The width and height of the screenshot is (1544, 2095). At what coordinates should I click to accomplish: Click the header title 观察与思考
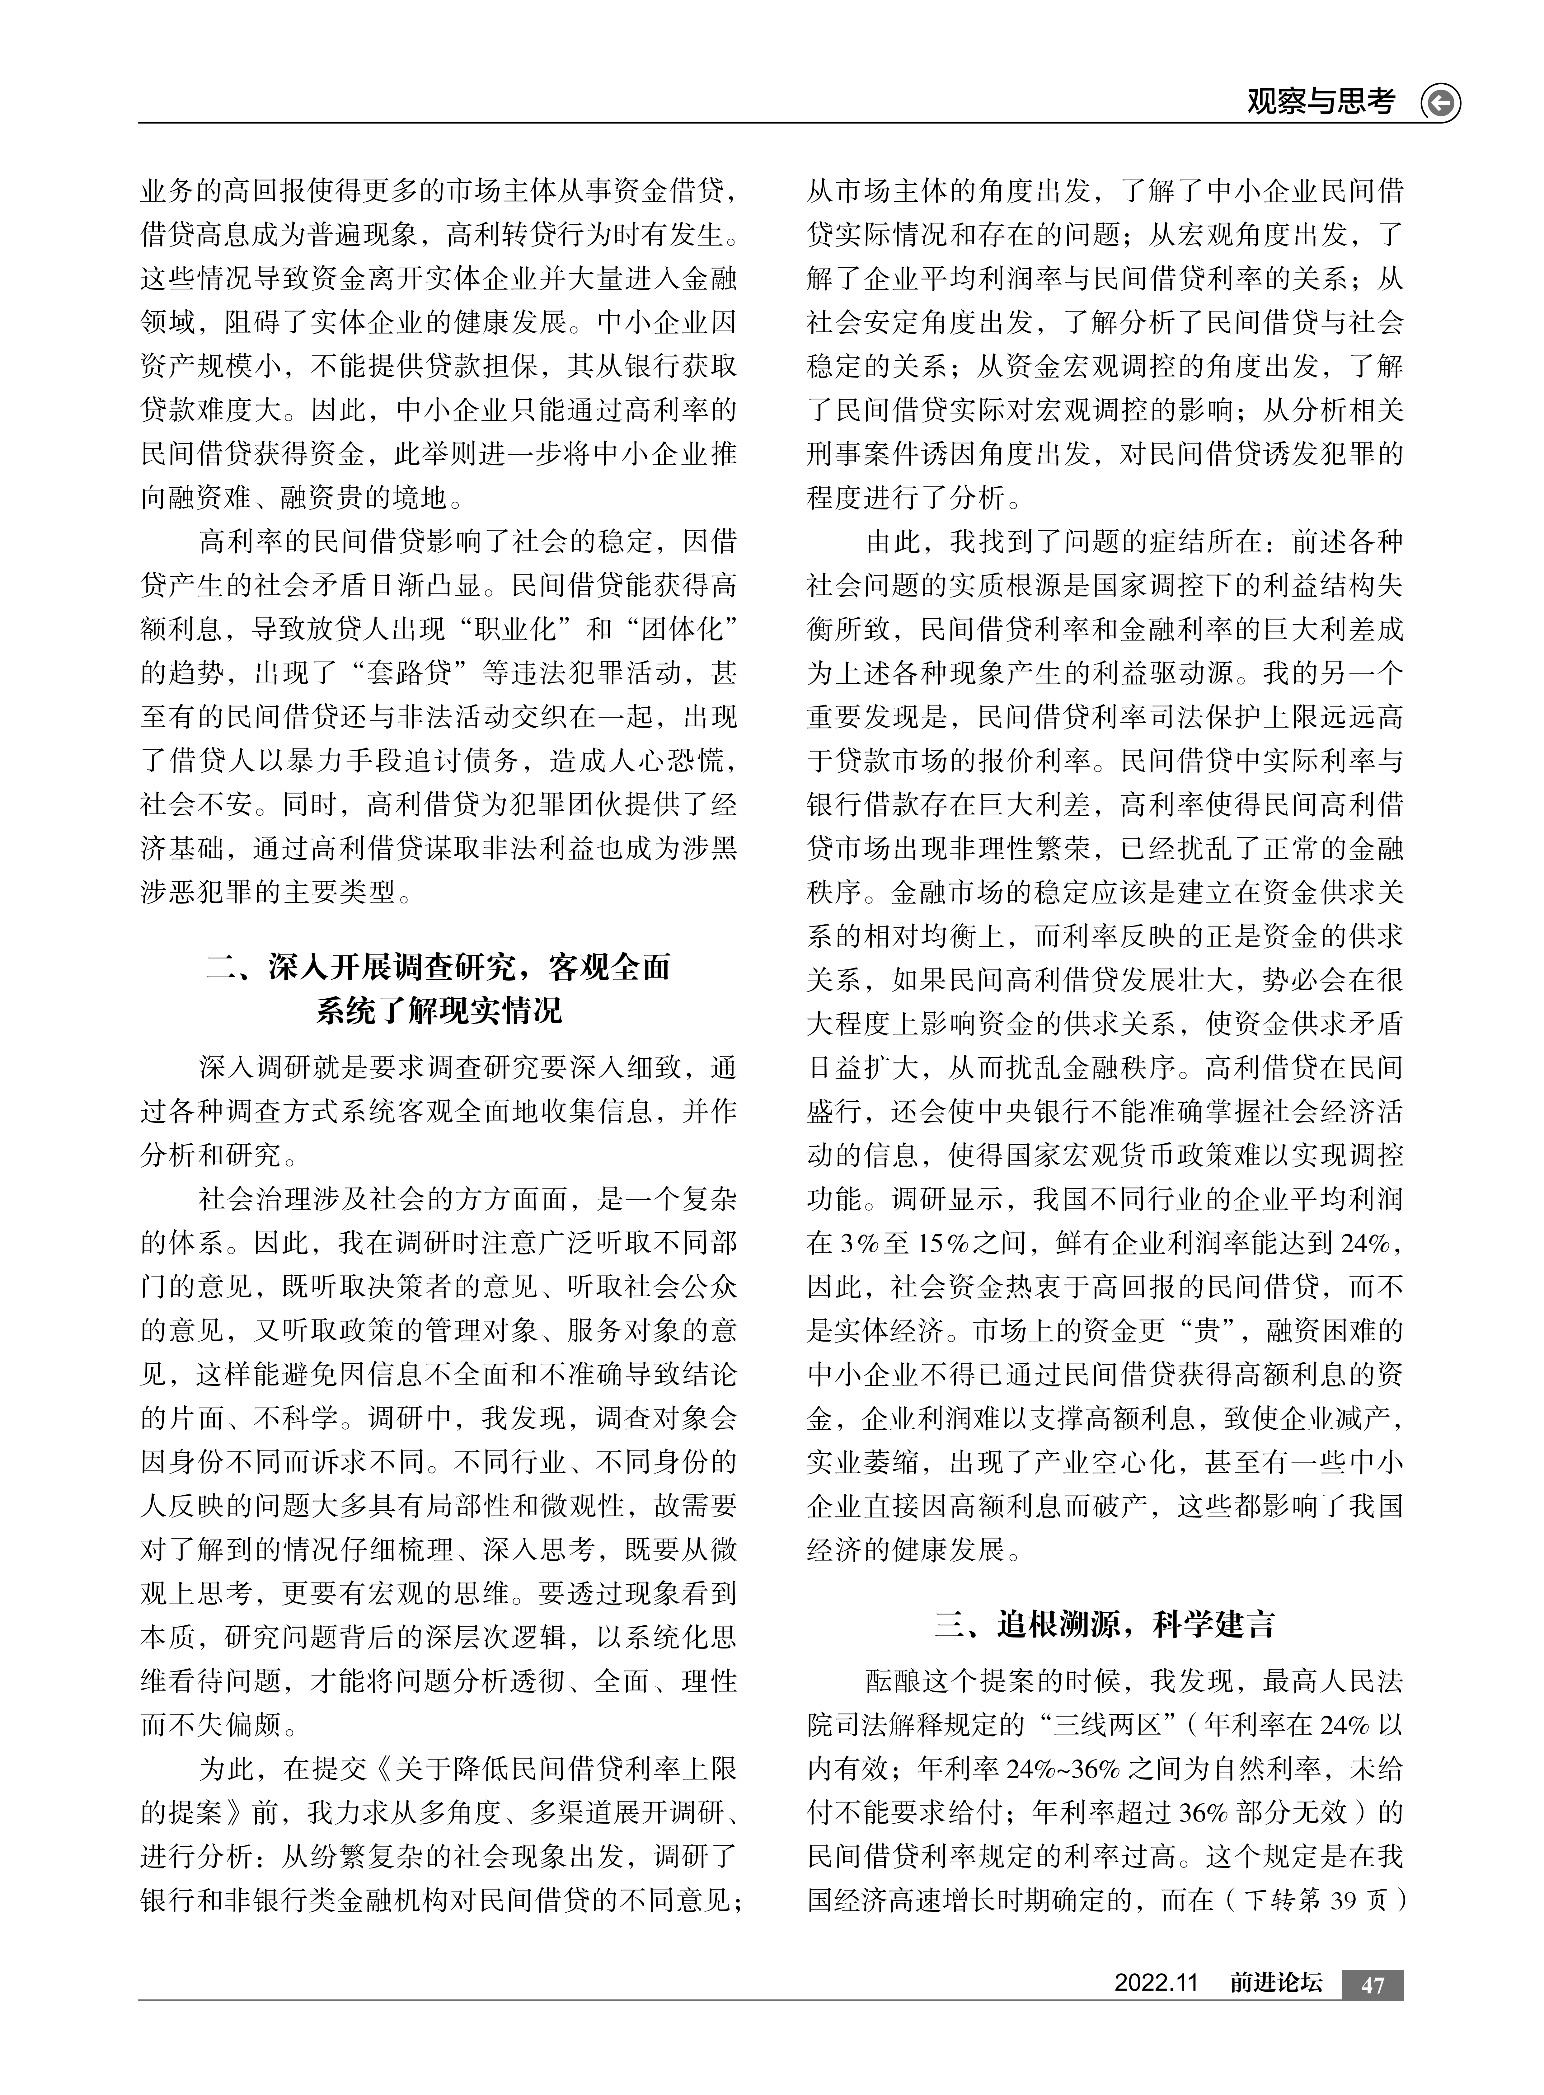click(x=1321, y=101)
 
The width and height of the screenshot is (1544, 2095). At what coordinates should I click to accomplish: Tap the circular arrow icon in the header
click(x=1440, y=103)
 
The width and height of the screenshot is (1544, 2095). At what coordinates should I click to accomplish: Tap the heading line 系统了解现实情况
click(x=439, y=1010)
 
